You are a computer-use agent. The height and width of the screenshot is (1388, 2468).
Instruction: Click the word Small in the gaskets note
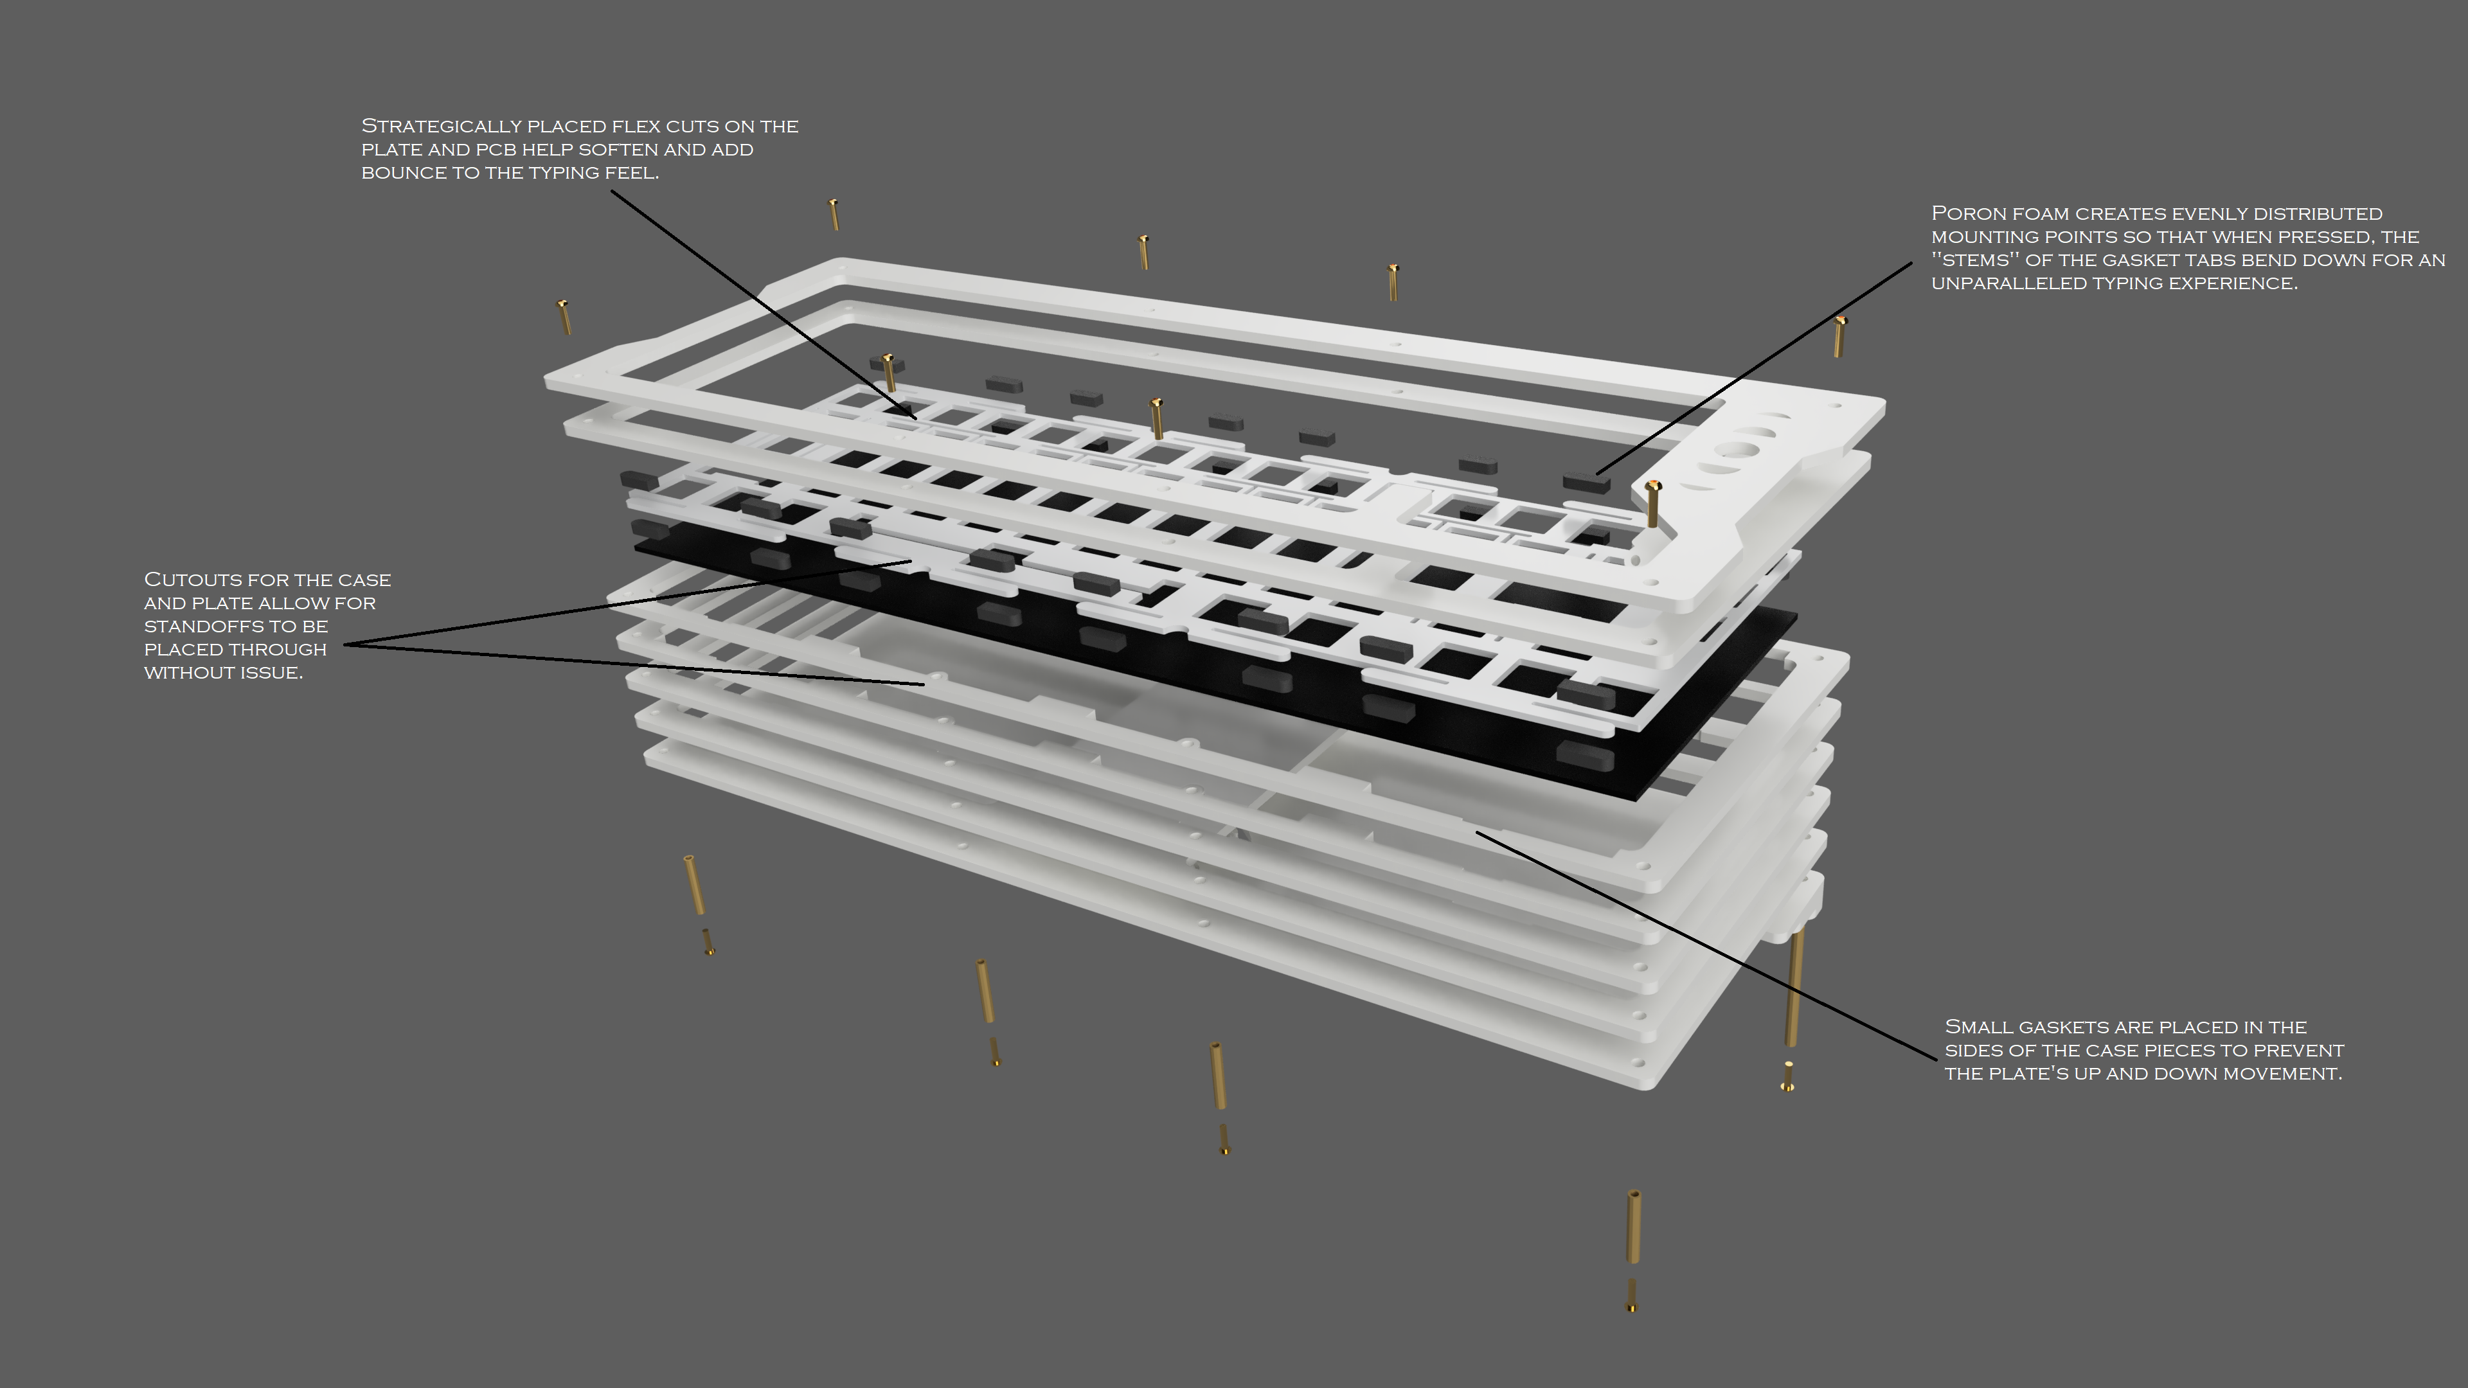coord(1978,1027)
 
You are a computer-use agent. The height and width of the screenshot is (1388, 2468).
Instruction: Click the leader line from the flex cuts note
coord(764,305)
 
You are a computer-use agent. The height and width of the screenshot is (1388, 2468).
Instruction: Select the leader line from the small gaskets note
coord(1706,945)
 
